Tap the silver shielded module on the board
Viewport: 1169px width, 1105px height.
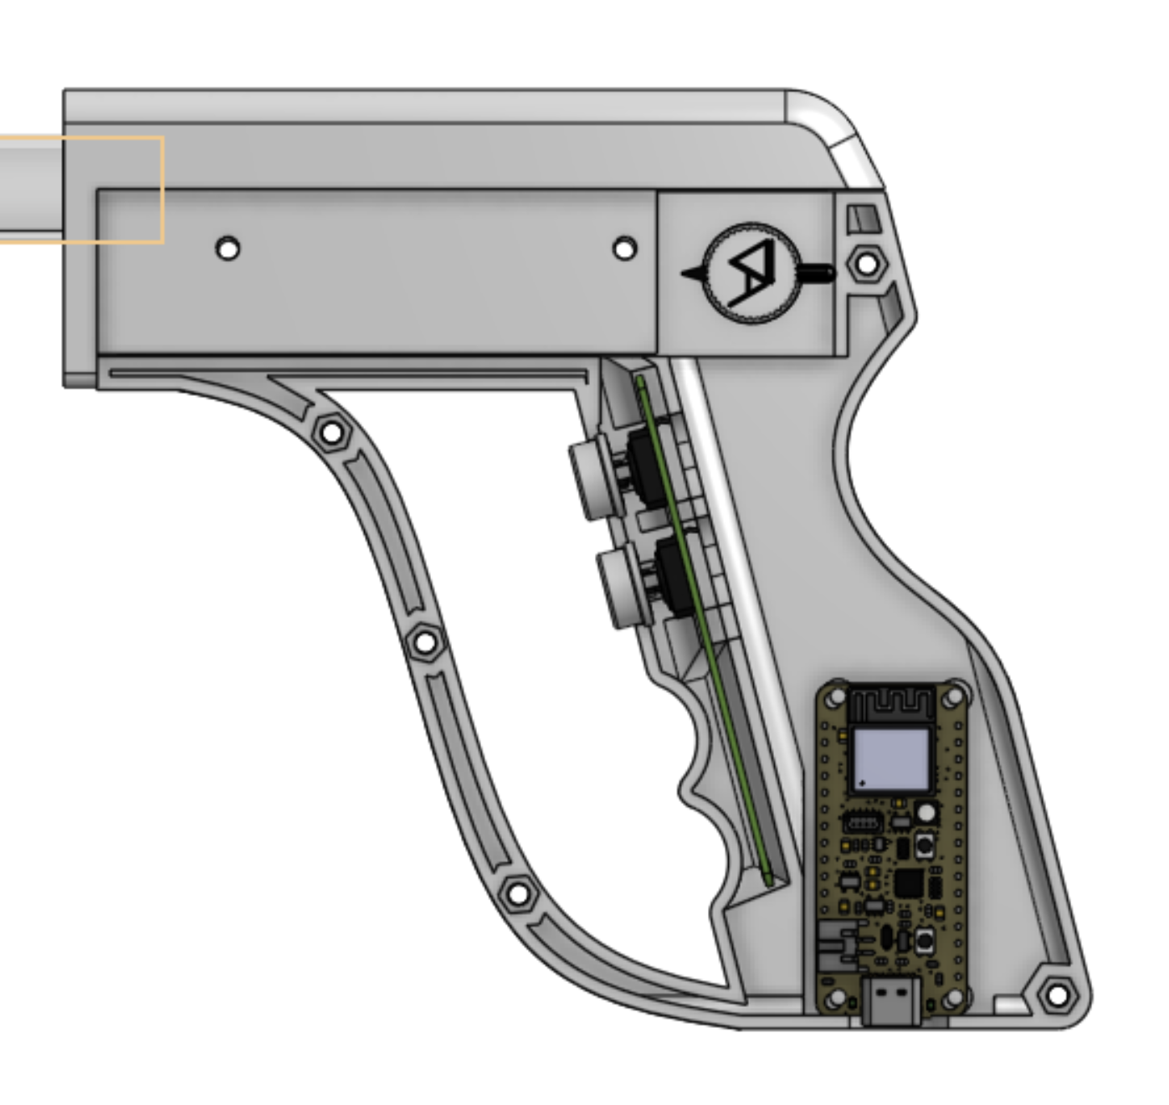[891, 759]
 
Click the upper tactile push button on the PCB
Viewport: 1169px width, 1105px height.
[925, 845]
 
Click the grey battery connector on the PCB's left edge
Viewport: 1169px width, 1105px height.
[837, 946]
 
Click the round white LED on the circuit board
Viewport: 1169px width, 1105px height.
[926, 811]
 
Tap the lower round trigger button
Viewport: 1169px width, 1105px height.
[623, 585]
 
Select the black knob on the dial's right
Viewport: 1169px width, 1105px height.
[816, 273]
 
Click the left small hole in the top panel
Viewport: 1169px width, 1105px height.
[228, 249]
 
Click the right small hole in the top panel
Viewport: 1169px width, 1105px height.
[624, 249]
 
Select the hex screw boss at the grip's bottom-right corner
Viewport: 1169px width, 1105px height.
[1058, 995]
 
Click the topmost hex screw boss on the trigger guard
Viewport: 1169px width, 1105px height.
[332, 433]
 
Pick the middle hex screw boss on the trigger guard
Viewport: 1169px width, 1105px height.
[425, 643]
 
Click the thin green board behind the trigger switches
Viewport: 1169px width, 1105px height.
[703, 628]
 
